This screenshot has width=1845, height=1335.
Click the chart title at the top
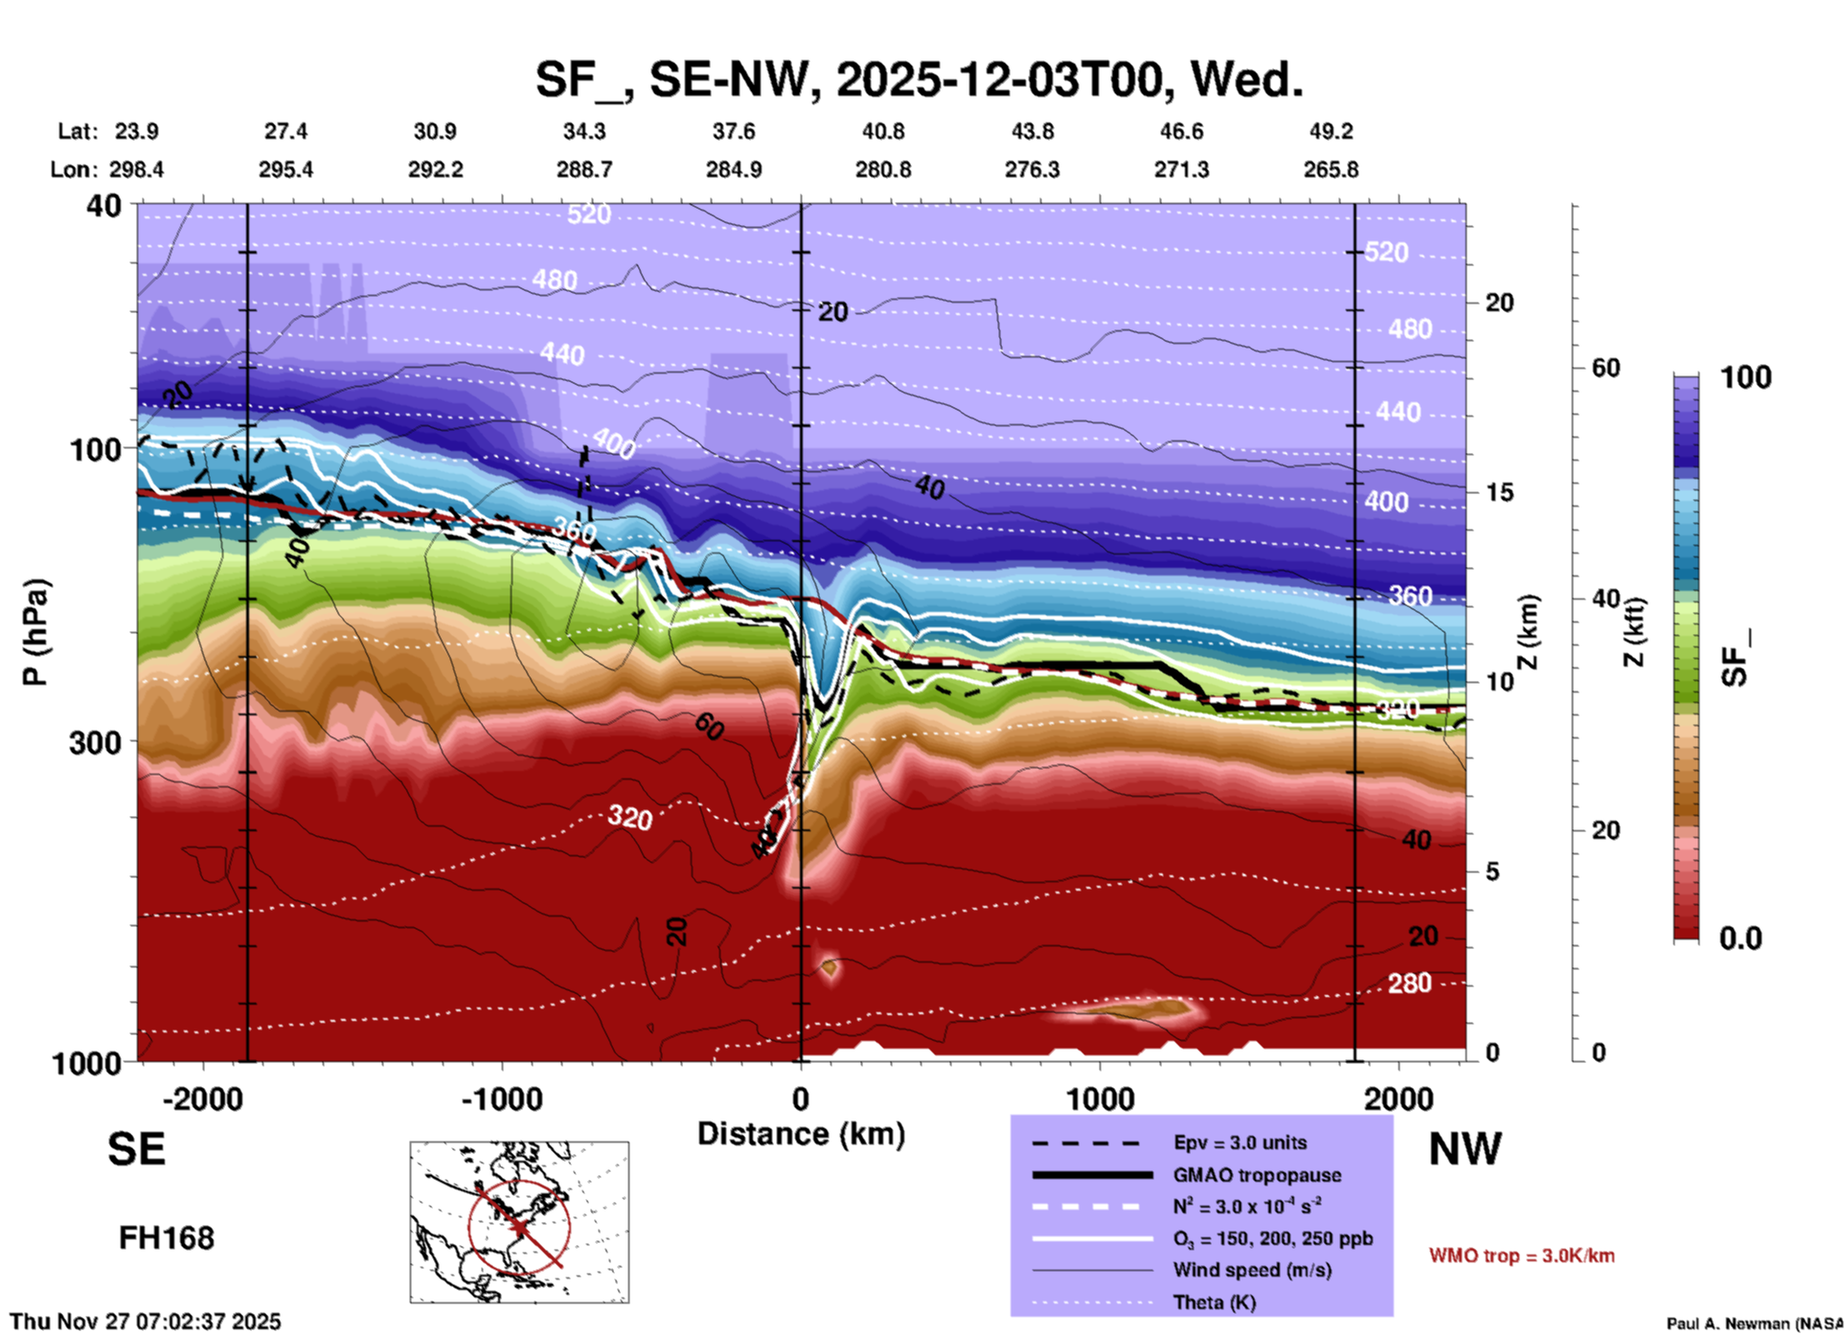click(919, 79)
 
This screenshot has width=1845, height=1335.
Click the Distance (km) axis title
click(801, 1134)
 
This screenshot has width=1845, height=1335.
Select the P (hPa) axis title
click(35, 632)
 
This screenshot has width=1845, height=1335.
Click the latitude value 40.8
click(882, 131)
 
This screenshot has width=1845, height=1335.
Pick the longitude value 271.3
click(1181, 170)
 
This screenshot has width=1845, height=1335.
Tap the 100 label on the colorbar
click(1745, 377)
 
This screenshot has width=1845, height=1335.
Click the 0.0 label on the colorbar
click(1741, 939)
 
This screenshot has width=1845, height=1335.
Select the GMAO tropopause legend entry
click(1257, 1175)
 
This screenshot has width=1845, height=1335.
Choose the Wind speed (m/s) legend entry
click(1252, 1270)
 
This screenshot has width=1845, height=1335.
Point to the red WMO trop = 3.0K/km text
click(1521, 1256)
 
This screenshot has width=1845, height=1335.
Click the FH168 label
click(166, 1238)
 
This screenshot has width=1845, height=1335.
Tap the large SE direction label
click(136, 1149)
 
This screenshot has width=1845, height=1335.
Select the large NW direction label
click(1465, 1149)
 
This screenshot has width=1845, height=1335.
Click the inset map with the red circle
click(519, 1222)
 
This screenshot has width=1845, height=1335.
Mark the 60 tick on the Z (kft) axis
click(1606, 368)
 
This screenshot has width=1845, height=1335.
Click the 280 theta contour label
click(1409, 984)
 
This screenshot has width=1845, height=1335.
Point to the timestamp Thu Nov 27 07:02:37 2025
click(146, 1322)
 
